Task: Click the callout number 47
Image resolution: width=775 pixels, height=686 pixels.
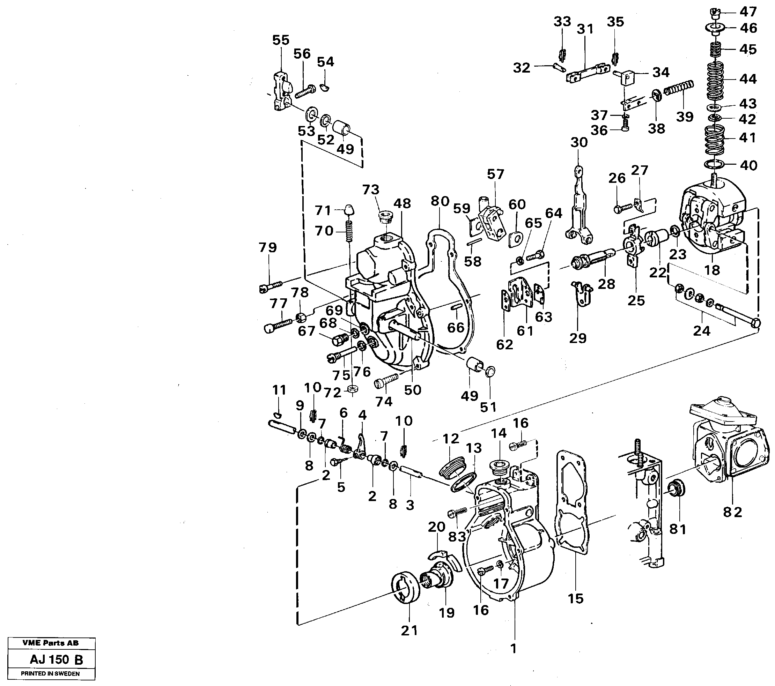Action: tap(748, 12)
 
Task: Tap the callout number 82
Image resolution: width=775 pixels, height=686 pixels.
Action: tap(732, 513)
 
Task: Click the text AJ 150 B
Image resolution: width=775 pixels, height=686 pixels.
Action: tap(56, 659)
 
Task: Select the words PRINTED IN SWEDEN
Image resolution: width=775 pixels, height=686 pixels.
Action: tap(50, 673)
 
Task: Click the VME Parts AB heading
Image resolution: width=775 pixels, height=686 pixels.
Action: tap(50, 643)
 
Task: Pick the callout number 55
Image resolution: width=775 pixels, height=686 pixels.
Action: tap(281, 40)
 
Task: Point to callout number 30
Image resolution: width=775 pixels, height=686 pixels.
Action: tap(578, 142)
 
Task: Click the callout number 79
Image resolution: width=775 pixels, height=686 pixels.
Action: tap(267, 247)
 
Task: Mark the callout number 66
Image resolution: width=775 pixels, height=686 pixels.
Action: tap(455, 327)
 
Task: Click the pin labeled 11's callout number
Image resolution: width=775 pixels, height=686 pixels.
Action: tap(279, 390)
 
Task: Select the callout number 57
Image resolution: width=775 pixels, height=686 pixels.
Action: tap(496, 174)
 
